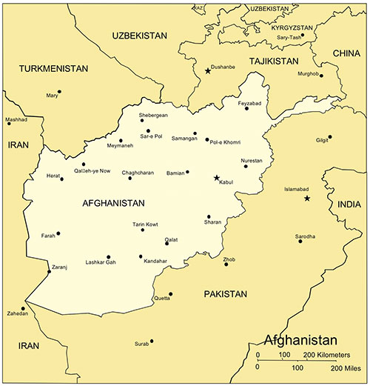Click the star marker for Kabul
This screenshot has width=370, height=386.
(x=216, y=178)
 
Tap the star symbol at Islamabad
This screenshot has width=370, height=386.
(x=307, y=198)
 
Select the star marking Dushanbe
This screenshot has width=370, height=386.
(x=207, y=71)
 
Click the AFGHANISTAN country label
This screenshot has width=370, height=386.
(x=113, y=203)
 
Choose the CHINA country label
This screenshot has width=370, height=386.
(x=346, y=53)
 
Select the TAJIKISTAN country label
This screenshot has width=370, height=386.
(x=274, y=61)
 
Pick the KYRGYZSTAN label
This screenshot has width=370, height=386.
(x=275, y=26)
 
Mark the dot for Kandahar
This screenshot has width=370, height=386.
(x=140, y=257)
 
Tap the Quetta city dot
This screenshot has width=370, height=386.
(x=170, y=294)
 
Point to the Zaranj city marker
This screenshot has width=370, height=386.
(x=50, y=271)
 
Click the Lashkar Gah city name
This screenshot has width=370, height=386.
(x=101, y=263)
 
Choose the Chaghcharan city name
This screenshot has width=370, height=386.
(x=138, y=172)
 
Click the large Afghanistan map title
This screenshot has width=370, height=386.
(x=300, y=341)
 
